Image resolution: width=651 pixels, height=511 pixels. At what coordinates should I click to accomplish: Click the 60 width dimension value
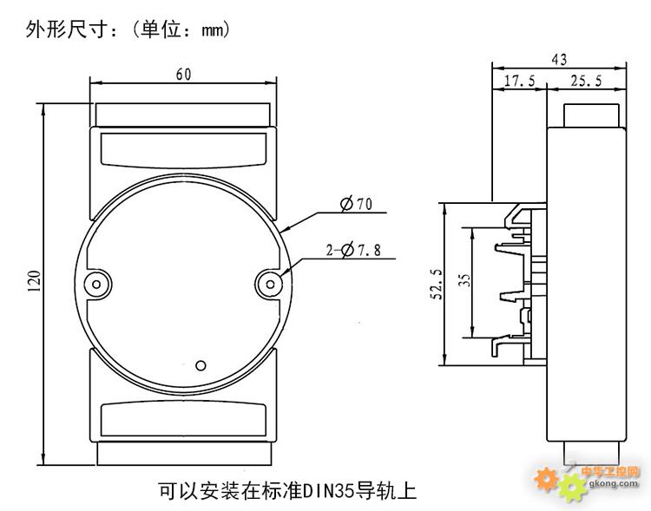point(183,75)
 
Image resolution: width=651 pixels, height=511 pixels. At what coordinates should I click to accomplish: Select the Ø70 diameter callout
point(357,205)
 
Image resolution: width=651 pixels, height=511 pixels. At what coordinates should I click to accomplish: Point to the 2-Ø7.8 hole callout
point(355,251)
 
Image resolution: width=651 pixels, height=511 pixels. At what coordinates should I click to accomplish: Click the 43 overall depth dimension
point(559,59)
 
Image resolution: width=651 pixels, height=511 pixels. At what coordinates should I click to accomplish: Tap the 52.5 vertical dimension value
point(436,284)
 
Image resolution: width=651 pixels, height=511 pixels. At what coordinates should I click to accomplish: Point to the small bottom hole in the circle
point(201,365)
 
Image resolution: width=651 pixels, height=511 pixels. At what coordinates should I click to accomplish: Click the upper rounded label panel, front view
point(183,149)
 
